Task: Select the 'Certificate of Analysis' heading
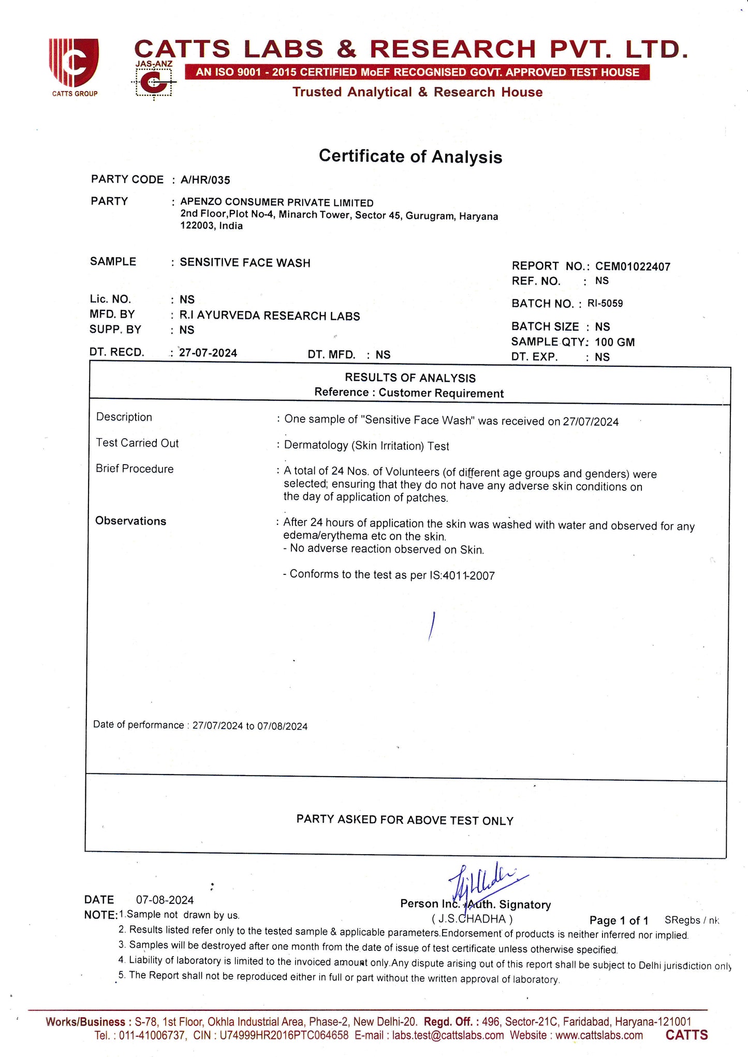point(410,156)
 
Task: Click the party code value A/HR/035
point(205,180)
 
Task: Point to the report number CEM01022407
point(633,266)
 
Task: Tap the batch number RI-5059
point(605,303)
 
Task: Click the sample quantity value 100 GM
point(614,342)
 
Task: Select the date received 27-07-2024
point(208,353)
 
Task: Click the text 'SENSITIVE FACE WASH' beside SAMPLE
point(245,262)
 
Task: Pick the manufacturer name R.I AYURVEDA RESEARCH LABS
point(270,316)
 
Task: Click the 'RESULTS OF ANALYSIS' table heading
point(410,378)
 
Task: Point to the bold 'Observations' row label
point(130,521)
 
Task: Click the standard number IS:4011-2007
point(462,575)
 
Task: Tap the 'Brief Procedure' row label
point(135,469)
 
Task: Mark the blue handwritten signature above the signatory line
point(484,882)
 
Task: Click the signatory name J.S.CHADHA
point(472,919)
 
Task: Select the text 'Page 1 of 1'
point(619,920)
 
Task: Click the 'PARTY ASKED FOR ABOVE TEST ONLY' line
point(405,820)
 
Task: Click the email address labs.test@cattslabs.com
point(448,1035)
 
